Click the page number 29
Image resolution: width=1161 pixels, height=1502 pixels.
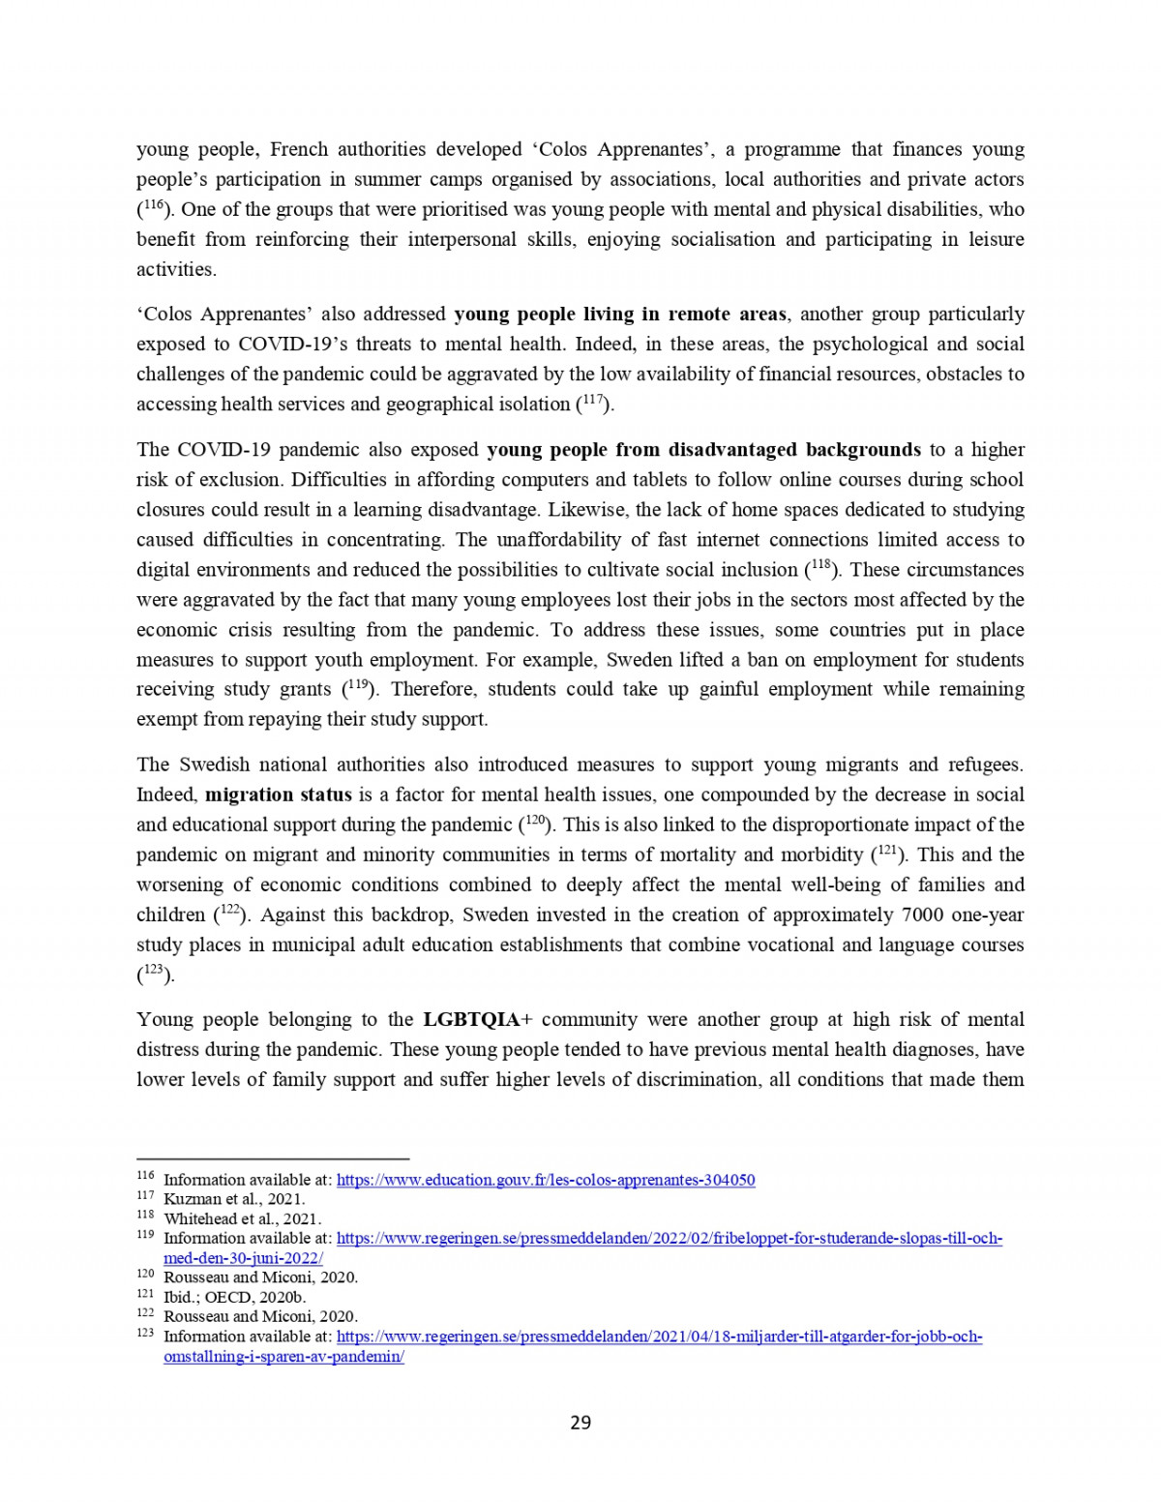click(x=580, y=1423)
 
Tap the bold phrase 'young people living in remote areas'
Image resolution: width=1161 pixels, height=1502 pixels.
click(x=619, y=315)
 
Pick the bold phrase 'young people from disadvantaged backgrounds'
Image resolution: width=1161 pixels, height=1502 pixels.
click(x=703, y=450)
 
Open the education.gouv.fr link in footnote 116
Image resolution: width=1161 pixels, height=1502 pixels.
click(x=546, y=1181)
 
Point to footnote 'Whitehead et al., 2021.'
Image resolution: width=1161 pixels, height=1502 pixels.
click(x=243, y=1219)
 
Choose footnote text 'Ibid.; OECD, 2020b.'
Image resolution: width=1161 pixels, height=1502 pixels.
click(x=235, y=1298)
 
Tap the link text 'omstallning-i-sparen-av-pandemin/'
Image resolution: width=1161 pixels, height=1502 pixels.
click(x=283, y=1357)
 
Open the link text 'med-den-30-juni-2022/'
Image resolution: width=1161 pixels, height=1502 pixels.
click(x=243, y=1258)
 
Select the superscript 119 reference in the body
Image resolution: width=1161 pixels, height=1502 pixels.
click(x=358, y=686)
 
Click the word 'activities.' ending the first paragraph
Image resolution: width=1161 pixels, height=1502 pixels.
click(x=176, y=270)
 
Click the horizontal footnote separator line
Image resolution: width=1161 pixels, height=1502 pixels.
click(x=273, y=1158)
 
